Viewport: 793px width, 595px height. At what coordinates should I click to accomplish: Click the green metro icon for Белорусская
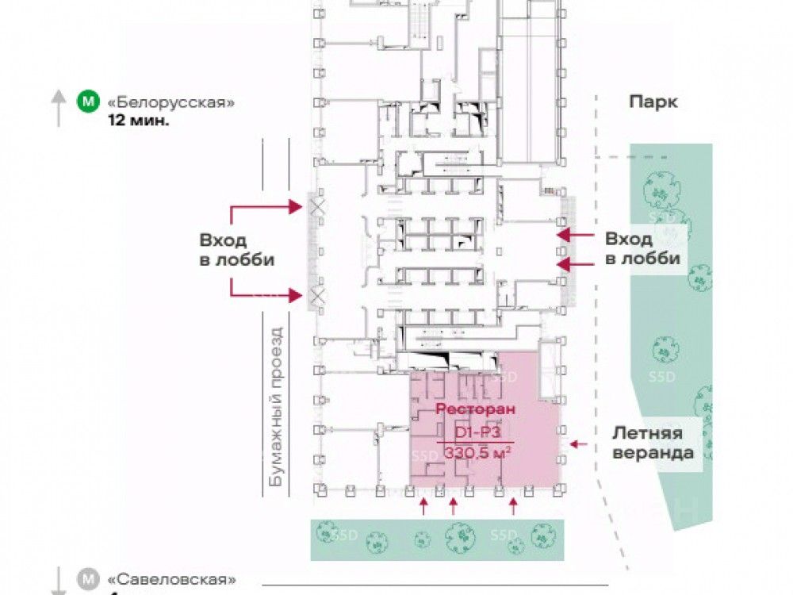[x=89, y=102]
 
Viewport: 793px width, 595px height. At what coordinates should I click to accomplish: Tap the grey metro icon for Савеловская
[x=89, y=579]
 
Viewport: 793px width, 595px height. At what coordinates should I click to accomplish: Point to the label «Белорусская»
[x=171, y=103]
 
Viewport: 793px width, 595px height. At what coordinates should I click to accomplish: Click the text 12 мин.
[x=139, y=122]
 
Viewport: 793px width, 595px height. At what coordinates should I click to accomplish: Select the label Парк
[x=653, y=102]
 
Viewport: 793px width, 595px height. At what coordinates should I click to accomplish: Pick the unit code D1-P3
[x=476, y=432]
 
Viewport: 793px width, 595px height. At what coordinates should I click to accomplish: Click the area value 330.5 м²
[x=476, y=453]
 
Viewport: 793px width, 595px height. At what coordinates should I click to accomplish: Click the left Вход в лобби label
[x=236, y=249]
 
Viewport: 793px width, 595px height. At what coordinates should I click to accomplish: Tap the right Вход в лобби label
[x=642, y=248]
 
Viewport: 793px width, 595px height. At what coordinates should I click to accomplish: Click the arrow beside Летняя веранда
[x=579, y=443]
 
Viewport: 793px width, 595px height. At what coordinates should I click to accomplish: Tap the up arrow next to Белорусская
[x=59, y=108]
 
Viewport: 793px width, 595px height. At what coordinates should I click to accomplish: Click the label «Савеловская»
[x=172, y=579]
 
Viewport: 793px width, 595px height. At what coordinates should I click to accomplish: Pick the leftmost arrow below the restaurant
[x=423, y=505]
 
